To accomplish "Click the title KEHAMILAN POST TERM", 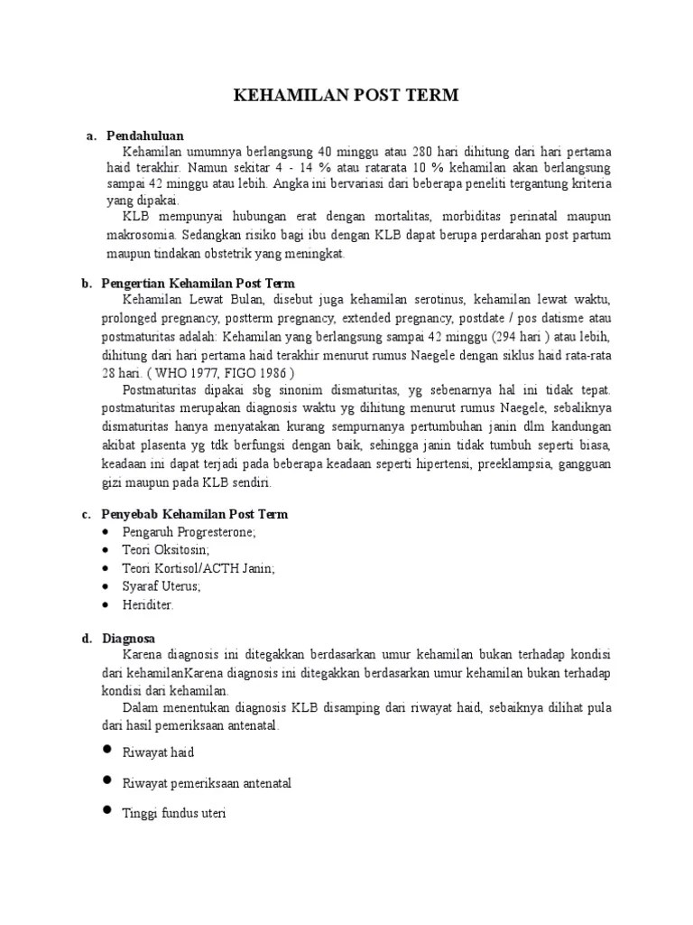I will point(346,96).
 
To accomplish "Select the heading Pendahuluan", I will point(145,135).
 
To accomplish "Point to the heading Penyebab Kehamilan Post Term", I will point(198,514).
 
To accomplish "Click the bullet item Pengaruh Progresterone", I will point(189,532).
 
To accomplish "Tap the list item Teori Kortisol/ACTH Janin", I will point(199,568).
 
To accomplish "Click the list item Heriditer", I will point(148,604).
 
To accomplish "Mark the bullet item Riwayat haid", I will point(158,752).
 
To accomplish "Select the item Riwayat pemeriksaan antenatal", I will point(207,782).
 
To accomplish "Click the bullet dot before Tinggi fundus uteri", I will point(106,812).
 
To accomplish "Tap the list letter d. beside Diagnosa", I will point(87,639).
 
